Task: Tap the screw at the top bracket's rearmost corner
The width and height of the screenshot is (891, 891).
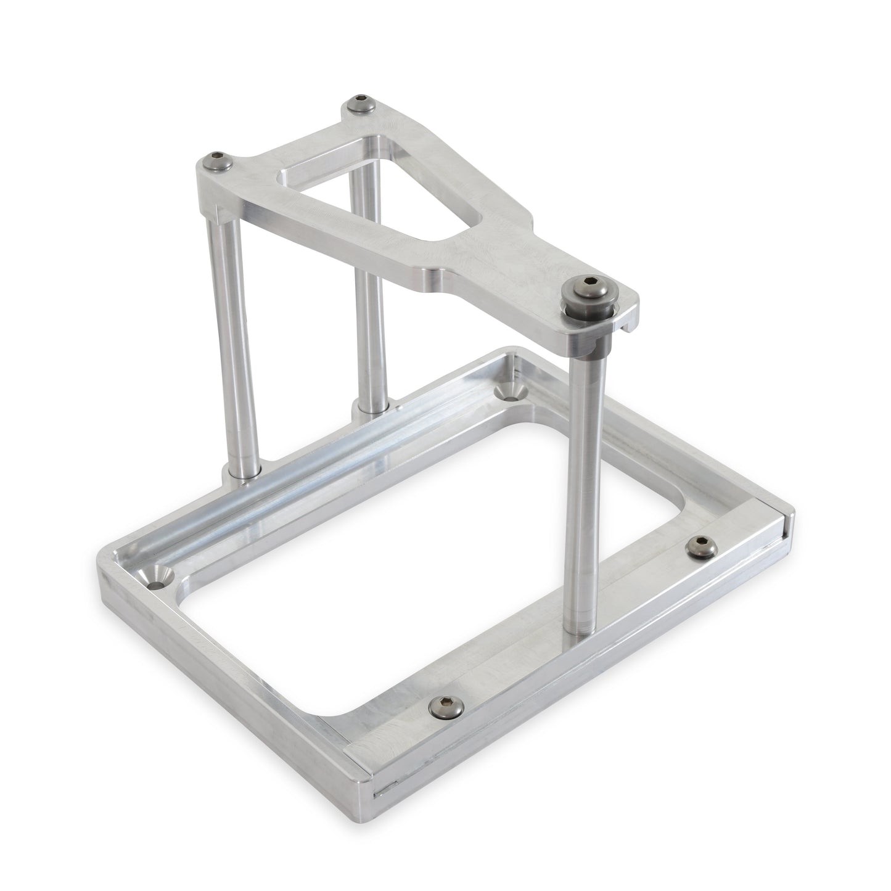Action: coord(355,104)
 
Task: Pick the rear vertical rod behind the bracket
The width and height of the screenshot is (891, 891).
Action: coord(368,308)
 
